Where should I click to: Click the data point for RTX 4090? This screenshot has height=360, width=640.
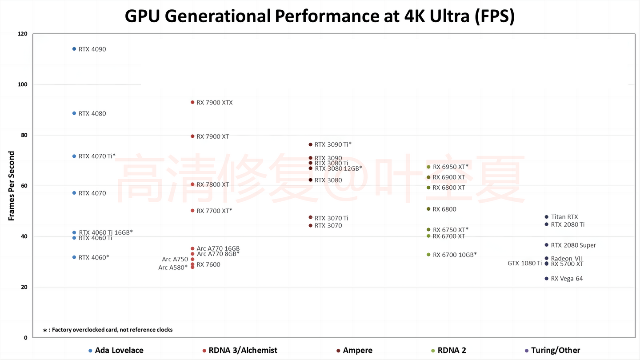click(74, 49)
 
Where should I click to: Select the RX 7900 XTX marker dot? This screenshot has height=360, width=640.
click(192, 102)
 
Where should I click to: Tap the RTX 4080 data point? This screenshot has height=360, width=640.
click(74, 113)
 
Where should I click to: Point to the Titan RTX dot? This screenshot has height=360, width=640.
click(547, 217)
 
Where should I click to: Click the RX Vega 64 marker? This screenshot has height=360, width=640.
click(547, 279)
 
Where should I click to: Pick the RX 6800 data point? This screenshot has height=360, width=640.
click(428, 209)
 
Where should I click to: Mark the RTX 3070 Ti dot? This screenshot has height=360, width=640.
click(310, 217)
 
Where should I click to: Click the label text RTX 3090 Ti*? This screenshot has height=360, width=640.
click(333, 144)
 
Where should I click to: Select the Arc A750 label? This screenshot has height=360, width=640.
click(175, 260)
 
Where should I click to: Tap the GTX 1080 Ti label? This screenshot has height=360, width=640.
click(524, 264)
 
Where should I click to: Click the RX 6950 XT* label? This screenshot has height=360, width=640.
click(451, 167)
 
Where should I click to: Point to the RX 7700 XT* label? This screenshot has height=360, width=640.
click(214, 211)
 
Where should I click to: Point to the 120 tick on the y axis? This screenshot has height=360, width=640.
click(22, 34)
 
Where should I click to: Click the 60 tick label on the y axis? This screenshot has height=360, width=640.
click(24, 186)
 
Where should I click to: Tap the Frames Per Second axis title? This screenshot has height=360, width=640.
click(12, 186)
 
